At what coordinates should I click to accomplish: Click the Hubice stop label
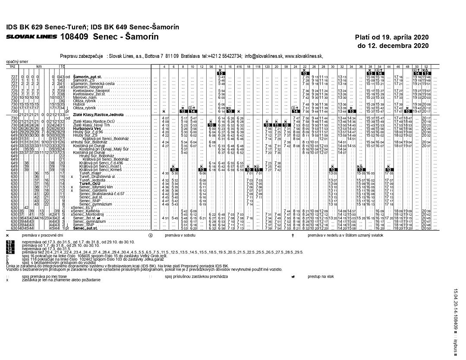click(x=79, y=104)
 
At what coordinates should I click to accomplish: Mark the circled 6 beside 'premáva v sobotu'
click(x=151, y=235)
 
